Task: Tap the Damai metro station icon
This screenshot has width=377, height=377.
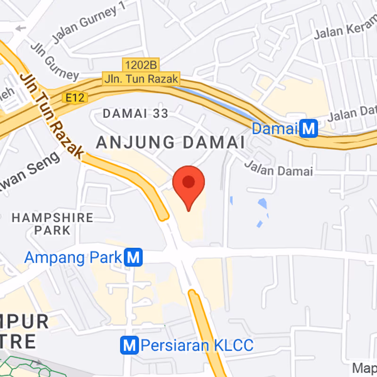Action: point(309,128)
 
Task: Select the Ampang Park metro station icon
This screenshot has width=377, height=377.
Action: point(134,257)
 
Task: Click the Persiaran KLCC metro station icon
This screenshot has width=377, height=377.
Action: point(130,345)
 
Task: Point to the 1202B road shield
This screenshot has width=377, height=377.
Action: point(141,64)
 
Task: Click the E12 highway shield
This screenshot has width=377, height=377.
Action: point(69,97)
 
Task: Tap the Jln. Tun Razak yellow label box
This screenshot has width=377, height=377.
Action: point(141,79)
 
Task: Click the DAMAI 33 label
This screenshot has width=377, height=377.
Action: point(135,113)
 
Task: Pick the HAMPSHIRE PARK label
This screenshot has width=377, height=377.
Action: point(53,224)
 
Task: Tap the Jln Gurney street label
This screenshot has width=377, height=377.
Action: point(54,62)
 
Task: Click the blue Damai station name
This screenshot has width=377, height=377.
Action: point(276,128)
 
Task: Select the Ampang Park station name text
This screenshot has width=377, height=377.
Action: point(74,258)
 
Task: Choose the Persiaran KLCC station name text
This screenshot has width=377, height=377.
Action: point(197,345)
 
